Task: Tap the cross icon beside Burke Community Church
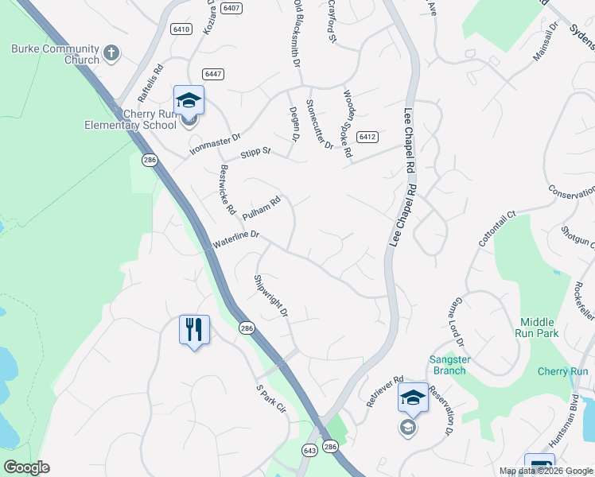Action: tap(111, 54)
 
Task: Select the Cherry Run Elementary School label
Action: tap(131, 120)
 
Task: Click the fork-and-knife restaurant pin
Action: tap(194, 328)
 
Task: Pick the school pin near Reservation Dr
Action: tap(413, 397)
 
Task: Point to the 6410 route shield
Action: tap(181, 29)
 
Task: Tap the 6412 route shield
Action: tap(366, 137)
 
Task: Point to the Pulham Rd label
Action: tap(262, 208)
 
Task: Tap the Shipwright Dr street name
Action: tap(270, 296)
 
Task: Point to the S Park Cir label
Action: tap(270, 399)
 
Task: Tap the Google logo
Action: tap(26, 467)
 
